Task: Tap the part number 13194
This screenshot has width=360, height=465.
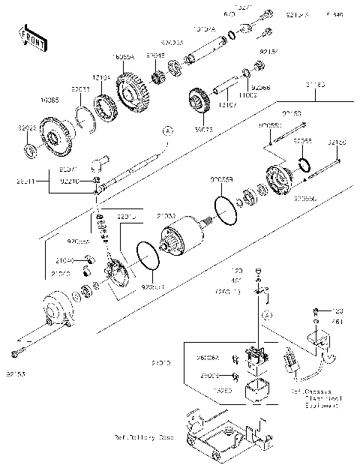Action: point(102,77)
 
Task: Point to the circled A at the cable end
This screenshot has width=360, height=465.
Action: point(168,130)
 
